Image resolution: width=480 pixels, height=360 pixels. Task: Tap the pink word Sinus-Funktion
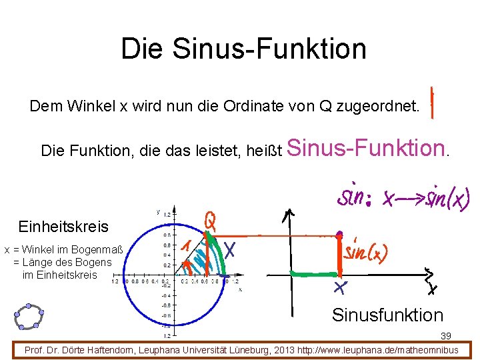point(367,147)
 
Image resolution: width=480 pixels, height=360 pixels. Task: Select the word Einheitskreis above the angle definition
point(63,227)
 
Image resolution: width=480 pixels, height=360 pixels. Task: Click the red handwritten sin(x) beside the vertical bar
point(366,251)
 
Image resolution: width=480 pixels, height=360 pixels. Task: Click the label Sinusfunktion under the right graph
point(387,315)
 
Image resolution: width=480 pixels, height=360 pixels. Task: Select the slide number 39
point(446,336)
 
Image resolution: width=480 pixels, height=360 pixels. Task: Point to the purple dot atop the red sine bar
point(339,235)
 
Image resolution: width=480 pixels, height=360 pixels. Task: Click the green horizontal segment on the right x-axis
point(314,273)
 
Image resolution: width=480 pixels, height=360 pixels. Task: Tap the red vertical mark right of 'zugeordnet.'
point(433,102)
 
